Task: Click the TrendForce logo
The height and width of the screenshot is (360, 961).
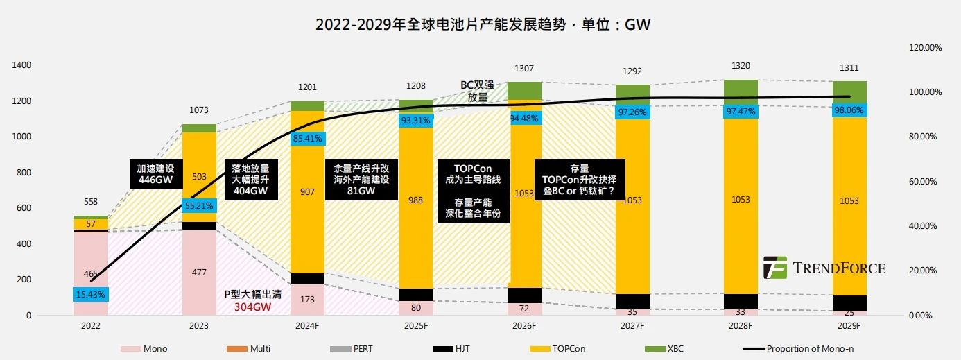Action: [x=824, y=268]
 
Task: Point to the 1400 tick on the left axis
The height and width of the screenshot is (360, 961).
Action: [x=22, y=65]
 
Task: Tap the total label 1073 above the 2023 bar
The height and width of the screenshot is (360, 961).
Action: [x=198, y=110]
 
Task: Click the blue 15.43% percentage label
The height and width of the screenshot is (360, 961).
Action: [x=91, y=295]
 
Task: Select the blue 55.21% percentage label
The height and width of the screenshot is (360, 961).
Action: [x=198, y=205]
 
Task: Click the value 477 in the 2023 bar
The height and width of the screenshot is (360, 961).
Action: [x=198, y=273]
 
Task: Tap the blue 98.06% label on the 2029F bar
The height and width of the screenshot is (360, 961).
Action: [x=849, y=110]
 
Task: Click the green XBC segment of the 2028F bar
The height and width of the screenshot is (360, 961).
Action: [x=741, y=89]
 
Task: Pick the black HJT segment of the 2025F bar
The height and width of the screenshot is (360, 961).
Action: [x=416, y=294]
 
